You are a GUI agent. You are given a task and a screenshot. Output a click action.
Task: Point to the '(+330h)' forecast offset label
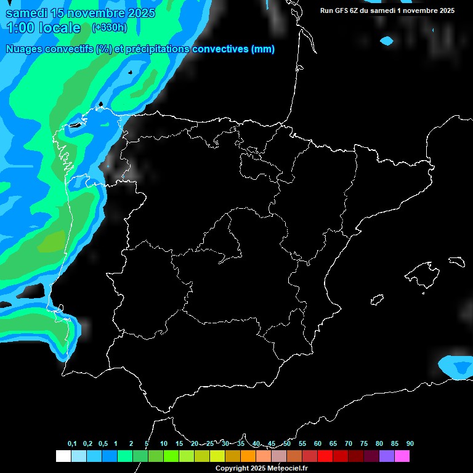tap(109, 27)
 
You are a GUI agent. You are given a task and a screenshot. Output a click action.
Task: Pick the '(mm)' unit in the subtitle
tap(262, 49)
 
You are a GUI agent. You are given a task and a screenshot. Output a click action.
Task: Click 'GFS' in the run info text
tap(345, 10)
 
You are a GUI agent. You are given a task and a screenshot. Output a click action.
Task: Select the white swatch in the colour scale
tap(63, 456)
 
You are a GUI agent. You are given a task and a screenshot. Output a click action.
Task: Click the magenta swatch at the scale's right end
tap(402, 456)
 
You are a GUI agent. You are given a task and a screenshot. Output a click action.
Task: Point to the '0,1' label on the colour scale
tap(72, 444)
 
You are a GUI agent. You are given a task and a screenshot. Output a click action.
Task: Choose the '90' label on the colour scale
tap(410, 444)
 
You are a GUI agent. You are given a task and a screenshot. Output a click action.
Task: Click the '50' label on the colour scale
tap(287, 444)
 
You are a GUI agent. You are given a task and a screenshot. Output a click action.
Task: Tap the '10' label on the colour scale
tap(164, 444)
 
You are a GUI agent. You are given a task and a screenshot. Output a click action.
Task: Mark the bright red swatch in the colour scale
tap(325, 456)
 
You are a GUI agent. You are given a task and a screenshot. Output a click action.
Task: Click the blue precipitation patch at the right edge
tap(459, 367)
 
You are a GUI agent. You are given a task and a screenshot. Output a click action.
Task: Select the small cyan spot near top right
tap(387, 41)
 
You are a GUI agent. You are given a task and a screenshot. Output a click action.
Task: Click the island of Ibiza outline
tap(377, 300)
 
